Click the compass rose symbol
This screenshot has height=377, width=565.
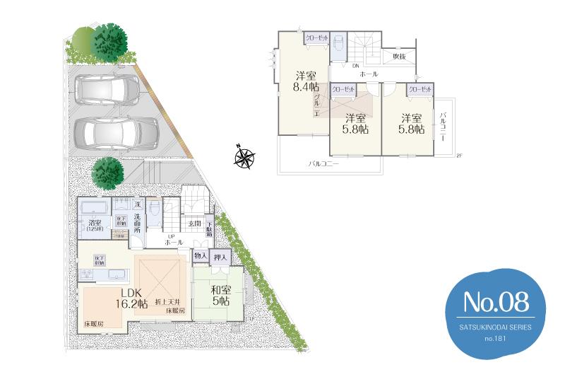(246, 156)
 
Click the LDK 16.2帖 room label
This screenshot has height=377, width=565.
(132, 298)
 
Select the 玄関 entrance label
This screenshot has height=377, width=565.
(194, 224)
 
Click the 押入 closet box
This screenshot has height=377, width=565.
(220, 257)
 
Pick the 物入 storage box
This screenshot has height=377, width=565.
(200, 256)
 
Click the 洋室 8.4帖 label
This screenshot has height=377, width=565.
(305, 81)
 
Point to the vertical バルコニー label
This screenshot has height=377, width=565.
(443, 127)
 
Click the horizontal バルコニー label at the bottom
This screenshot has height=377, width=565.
(324, 163)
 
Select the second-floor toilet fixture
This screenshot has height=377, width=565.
(339, 44)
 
